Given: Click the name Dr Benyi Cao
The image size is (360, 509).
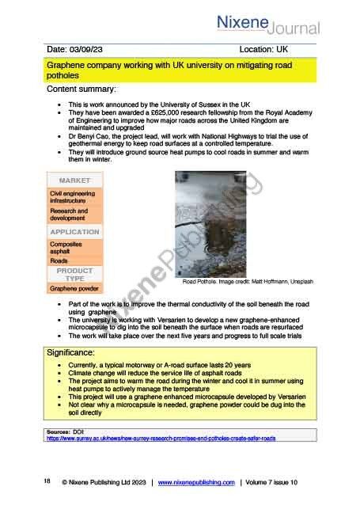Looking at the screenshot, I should (x=92, y=135).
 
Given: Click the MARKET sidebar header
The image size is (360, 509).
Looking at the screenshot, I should (x=74, y=180).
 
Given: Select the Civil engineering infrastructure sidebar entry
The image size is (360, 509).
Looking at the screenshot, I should (x=72, y=197).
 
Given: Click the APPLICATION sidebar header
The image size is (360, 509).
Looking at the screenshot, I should (x=74, y=232).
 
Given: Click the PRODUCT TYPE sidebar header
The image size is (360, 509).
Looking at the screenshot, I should (x=74, y=275).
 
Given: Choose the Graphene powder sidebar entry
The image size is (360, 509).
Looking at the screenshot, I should (x=74, y=289).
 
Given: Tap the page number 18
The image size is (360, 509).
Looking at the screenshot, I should (x=47, y=481).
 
